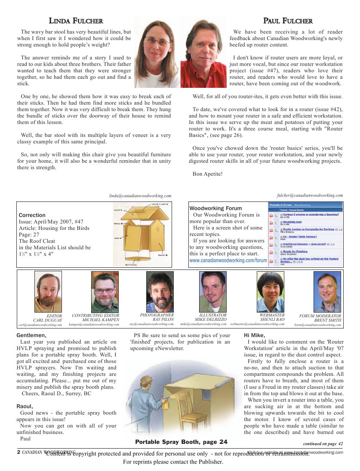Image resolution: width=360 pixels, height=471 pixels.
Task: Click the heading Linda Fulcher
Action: tap(76, 21)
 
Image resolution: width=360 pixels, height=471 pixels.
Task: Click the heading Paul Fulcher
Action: tap(288, 21)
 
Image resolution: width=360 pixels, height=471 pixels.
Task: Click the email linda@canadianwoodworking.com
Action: tap(140, 195)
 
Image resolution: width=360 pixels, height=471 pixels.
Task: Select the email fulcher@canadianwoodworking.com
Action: tap(310, 195)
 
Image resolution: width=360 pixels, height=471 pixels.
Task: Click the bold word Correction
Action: tap(32, 215)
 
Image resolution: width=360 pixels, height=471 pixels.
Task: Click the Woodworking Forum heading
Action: tap(215, 208)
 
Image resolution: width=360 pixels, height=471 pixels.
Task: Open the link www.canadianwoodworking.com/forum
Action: tap(228, 260)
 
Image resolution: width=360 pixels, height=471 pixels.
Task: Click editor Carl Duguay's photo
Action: tap(48, 292)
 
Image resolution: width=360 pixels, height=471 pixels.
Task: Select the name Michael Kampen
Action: tap(101, 320)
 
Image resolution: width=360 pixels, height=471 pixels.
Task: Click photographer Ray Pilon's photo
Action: tap(160, 292)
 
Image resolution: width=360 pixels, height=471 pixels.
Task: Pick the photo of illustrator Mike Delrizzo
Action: tap(213, 292)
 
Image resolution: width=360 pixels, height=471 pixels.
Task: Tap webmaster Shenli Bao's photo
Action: tap(270, 292)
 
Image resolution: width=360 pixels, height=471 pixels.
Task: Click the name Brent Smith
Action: tap(328, 320)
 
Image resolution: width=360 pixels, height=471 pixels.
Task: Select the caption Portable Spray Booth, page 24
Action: tap(181, 442)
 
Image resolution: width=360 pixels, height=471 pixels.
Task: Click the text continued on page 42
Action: tap(323, 443)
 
